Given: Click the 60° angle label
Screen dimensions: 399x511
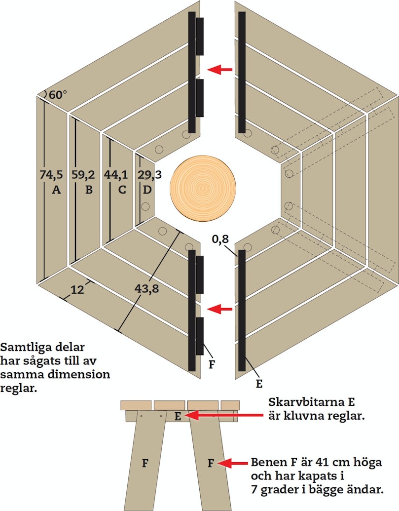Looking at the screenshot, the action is pyautogui.click(x=58, y=95).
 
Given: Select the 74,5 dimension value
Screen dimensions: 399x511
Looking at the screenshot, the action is pyautogui.click(x=51, y=175).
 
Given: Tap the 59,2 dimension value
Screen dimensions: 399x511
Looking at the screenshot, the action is pyautogui.click(x=83, y=175).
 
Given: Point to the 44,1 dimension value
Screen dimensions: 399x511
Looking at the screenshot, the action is pyautogui.click(x=116, y=175).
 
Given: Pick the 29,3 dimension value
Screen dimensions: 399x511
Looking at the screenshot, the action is pyautogui.click(x=149, y=175).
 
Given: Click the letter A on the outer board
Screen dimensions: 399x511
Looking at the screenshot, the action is pyautogui.click(x=56, y=190).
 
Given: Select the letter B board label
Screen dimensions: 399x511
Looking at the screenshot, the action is pyautogui.click(x=89, y=190).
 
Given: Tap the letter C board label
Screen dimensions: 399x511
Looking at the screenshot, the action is pyautogui.click(x=122, y=190).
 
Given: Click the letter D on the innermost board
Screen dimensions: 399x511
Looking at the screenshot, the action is pyautogui.click(x=147, y=190).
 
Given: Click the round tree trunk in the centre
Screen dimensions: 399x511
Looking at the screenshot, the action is pyautogui.click(x=203, y=189).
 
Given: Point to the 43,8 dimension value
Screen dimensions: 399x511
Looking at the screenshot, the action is pyautogui.click(x=147, y=288).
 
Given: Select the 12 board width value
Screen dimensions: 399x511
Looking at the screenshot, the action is pyautogui.click(x=77, y=289).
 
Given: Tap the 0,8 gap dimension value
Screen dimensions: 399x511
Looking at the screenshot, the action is pyautogui.click(x=220, y=239).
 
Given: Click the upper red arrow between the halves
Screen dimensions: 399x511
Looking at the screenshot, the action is pyautogui.click(x=219, y=70).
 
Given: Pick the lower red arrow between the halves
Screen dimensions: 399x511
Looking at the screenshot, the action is pyautogui.click(x=219, y=309).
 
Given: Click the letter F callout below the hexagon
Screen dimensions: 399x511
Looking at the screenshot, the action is pyautogui.click(x=212, y=364).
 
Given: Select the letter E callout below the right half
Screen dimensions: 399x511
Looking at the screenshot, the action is pyautogui.click(x=259, y=384).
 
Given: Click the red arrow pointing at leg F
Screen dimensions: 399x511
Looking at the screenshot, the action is pyautogui.click(x=233, y=463).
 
